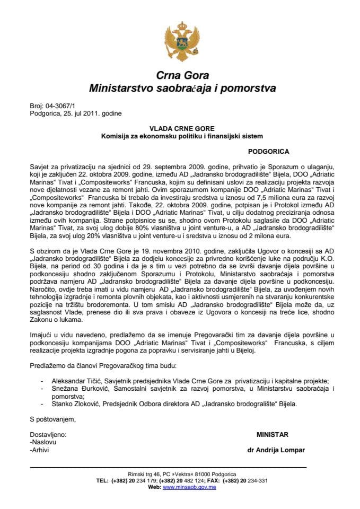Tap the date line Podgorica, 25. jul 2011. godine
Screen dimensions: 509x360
click(77, 112)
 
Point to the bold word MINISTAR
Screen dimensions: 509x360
click(273, 434)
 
